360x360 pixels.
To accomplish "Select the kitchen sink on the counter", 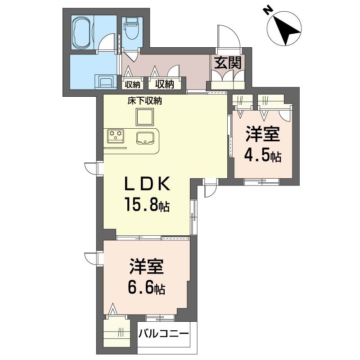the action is pos(145,138).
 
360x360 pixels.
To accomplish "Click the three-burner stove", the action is pos(116,136).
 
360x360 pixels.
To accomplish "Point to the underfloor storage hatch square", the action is pos(144,117).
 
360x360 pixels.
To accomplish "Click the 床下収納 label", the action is pos(144,101).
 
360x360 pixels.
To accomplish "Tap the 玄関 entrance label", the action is pos(228,63).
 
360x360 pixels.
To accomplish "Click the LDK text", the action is pos(147,184).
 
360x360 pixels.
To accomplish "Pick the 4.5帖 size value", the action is pos(262,156).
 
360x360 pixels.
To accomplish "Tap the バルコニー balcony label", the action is pos(163,333).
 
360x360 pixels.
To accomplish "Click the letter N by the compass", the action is pos(267,10).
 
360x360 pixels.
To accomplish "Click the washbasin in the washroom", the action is pos(106,81).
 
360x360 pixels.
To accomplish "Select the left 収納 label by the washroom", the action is pos(132,85).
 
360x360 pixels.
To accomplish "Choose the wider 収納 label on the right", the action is pos(165,84).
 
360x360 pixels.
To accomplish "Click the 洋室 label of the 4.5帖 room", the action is pos(263,134).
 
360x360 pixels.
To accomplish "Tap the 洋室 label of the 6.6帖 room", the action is pos(146,266).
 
